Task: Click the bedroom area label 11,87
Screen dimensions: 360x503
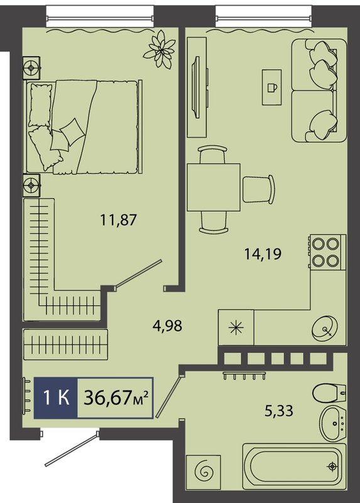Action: [119, 220]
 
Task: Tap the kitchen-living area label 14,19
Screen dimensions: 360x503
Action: [263, 254]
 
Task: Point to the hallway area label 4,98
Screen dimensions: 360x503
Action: [166, 326]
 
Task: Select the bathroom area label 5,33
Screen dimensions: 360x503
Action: [278, 411]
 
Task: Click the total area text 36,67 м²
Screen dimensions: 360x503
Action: [116, 399]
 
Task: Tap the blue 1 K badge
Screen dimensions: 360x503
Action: [56, 398]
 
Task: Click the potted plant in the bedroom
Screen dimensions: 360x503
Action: [160, 49]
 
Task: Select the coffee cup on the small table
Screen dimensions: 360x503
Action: [272, 87]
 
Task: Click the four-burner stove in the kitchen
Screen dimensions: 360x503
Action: [326, 252]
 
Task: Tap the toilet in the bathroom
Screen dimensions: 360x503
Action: [329, 392]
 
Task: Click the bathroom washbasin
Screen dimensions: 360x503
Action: [333, 424]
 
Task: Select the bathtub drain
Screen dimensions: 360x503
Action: [332, 466]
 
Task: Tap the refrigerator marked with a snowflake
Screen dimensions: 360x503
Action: [236, 328]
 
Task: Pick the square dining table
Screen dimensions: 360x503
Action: [214, 187]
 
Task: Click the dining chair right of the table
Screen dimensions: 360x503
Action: [258, 189]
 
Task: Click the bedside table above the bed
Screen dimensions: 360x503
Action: [31, 68]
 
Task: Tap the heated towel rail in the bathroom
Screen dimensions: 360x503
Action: [244, 375]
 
